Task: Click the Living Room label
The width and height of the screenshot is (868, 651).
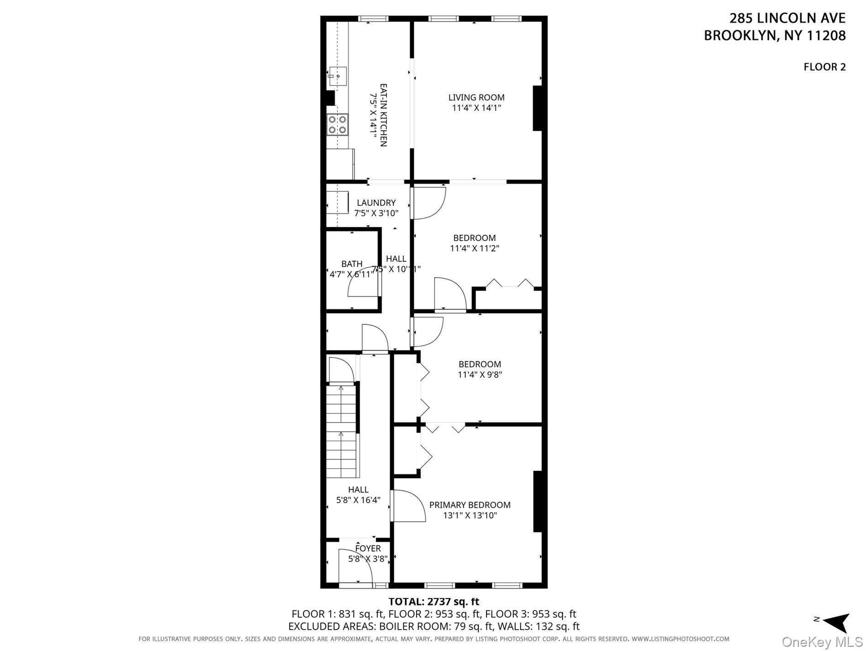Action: tap(476, 97)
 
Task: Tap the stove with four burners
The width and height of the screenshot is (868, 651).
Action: tap(338, 125)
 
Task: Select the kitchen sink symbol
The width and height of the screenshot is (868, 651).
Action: tap(338, 77)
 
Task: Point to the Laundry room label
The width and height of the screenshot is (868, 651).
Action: tap(376, 203)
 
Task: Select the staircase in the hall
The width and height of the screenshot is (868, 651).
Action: tap(342, 432)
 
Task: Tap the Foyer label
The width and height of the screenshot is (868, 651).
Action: tap(368, 549)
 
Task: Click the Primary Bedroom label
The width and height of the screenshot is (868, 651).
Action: tap(470, 505)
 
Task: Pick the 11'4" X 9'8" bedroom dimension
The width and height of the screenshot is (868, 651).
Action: tap(480, 375)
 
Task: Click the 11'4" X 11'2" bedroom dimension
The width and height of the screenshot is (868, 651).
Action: tap(474, 249)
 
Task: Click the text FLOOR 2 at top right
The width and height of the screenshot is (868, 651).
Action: tap(824, 67)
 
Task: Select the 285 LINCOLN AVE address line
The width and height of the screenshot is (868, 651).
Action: tap(787, 18)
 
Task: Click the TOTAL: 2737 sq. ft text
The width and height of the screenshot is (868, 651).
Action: tap(434, 601)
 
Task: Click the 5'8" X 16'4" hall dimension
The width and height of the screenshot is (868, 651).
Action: tap(358, 500)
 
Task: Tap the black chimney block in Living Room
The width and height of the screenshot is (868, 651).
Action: tap(538, 109)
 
